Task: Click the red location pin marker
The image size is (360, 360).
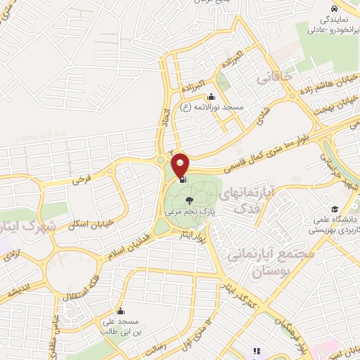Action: (181, 165)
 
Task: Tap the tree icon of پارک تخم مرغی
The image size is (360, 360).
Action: (188, 200)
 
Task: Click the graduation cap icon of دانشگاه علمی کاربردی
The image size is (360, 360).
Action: (335, 210)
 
